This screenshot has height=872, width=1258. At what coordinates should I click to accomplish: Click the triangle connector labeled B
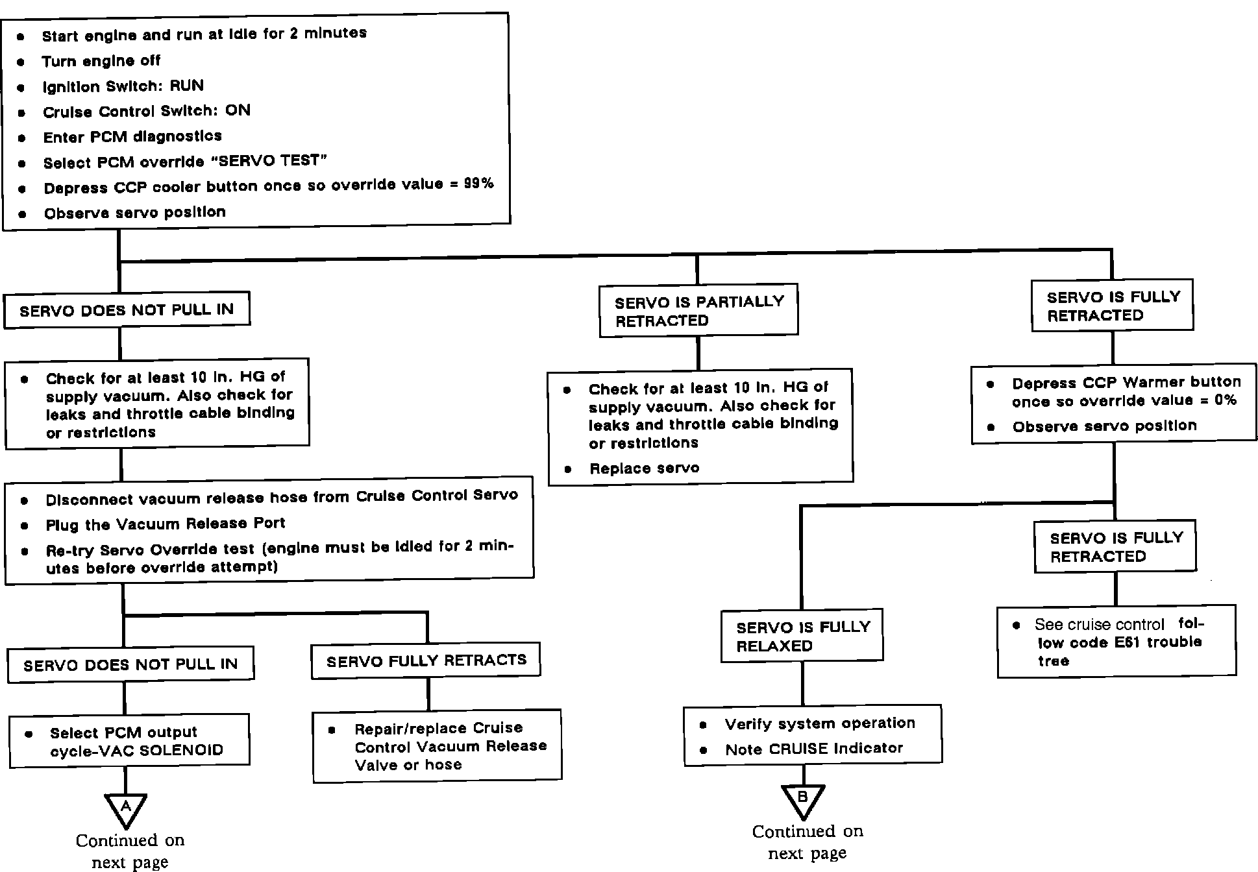803,799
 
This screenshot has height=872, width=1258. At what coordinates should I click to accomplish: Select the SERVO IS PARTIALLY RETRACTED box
698,311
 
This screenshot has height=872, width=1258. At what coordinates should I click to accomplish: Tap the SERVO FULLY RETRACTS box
426,661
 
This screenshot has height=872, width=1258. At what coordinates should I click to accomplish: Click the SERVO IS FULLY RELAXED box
802,636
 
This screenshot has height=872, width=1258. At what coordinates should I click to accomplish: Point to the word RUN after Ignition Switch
187,86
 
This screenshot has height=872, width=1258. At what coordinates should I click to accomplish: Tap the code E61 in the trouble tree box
1128,642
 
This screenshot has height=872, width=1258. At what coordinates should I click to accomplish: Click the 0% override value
1225,400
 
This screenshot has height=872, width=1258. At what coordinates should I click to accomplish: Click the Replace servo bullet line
644,468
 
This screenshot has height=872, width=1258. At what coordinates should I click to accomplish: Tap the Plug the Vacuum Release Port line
165,524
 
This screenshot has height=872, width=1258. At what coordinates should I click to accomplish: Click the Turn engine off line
101,61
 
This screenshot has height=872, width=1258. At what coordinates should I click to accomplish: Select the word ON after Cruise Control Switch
238,110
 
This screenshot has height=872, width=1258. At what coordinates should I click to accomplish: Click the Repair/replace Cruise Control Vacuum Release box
437,746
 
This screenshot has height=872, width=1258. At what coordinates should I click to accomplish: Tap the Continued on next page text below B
808,842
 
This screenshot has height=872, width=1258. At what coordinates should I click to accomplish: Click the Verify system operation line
820,723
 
